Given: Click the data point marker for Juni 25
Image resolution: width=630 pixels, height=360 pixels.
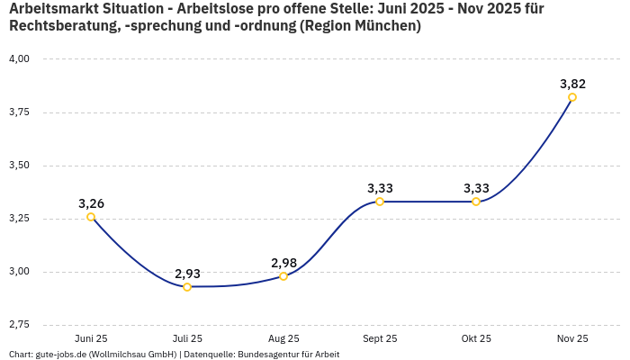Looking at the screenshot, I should [91, 217].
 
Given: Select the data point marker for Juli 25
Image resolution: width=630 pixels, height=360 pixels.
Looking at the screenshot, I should [187, 287].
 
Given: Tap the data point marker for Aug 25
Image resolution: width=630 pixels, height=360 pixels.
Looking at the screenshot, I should [283, 276].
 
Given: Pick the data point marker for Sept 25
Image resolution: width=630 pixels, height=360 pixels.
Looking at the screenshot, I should [380, 202].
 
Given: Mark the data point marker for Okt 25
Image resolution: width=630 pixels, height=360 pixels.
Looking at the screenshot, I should [476, 202].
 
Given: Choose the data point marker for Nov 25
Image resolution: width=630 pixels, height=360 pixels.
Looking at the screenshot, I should [572, 97].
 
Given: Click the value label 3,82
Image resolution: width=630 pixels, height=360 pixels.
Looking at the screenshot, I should [572, 84].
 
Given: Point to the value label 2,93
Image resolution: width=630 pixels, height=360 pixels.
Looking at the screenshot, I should [187, 274].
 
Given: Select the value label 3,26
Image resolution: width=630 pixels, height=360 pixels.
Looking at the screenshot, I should [91, 203].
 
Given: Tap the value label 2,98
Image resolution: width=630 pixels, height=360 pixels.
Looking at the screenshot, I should [283, 263].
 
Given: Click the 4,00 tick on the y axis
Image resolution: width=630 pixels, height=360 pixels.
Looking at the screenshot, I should [19, 59].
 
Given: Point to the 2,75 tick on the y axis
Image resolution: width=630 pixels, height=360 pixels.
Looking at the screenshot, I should [19, 325].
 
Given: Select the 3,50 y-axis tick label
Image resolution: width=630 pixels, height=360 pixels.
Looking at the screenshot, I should [19, 166].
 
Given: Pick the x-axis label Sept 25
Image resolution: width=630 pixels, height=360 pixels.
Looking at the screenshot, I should [380, 339].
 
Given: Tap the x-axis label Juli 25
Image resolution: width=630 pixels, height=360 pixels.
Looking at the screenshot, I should [187, 339].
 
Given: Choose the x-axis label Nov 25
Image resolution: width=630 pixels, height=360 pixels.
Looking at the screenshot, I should [572, 339].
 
